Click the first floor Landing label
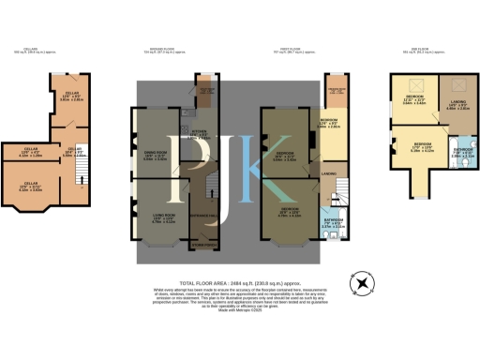point(330,175)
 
